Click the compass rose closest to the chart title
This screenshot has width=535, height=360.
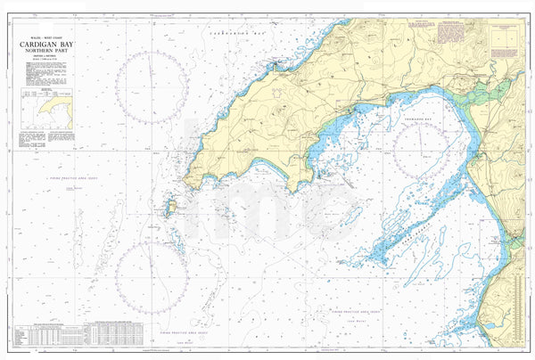151,86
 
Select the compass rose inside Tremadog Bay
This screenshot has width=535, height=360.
426,148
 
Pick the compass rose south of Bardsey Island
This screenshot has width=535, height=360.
152,278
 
